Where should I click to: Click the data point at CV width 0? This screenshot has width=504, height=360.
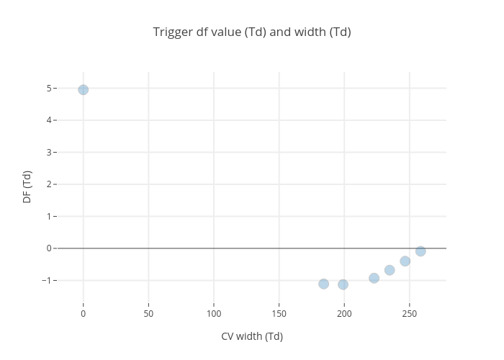(84, 90)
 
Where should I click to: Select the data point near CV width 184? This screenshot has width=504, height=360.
(324, 284)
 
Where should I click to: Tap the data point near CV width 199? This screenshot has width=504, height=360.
(343, 284)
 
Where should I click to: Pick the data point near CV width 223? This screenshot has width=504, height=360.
(374, 278)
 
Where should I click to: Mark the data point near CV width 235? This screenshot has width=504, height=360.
(390, 270)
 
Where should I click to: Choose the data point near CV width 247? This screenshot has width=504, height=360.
(405, 261)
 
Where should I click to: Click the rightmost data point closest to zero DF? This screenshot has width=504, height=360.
(420, 251)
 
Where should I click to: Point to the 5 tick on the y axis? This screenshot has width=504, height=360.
(50, 89)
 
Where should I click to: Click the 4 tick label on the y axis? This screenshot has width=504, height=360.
(50, 120)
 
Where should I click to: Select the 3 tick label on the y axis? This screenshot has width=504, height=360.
(50, 153)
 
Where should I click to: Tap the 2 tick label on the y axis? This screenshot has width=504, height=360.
(50, 184)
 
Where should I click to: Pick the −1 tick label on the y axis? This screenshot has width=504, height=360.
(48, 280)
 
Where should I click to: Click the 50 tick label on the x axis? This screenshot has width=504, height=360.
(148, 314)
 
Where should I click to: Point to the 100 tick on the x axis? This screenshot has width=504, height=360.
(214, 314)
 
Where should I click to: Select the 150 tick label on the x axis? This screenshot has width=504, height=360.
(279, 314)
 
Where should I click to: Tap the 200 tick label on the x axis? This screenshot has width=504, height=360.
(344, 314)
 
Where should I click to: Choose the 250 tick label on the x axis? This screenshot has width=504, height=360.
(410, 314)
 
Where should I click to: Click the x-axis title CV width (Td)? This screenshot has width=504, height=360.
(252, 336)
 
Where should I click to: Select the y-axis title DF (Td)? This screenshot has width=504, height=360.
(27, 186)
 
